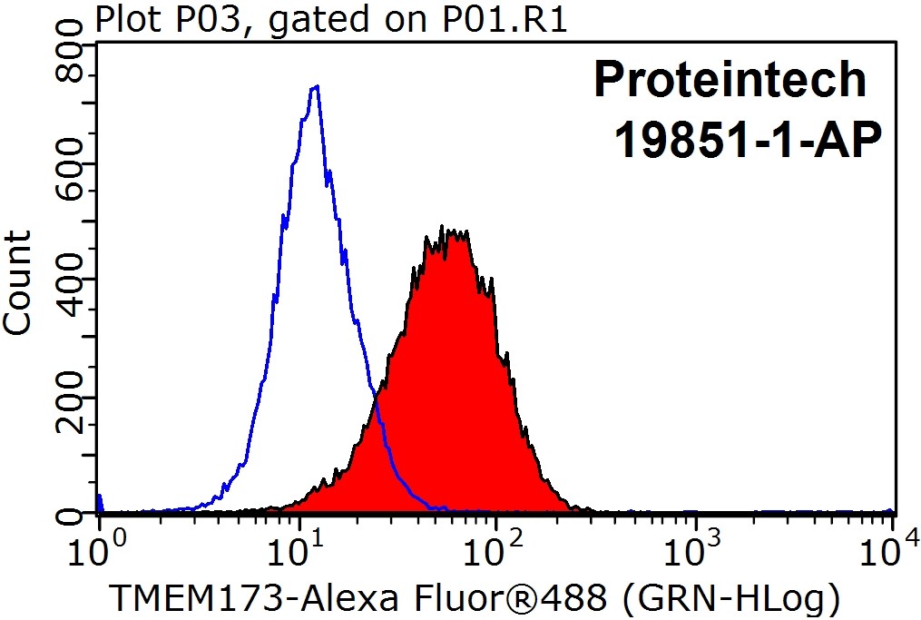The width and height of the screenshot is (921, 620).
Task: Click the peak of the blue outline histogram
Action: [315, 87]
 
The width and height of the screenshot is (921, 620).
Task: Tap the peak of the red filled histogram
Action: [441, 229]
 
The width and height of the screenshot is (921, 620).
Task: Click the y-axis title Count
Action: [18, 283]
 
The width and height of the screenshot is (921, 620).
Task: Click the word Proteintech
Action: [730, 80]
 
